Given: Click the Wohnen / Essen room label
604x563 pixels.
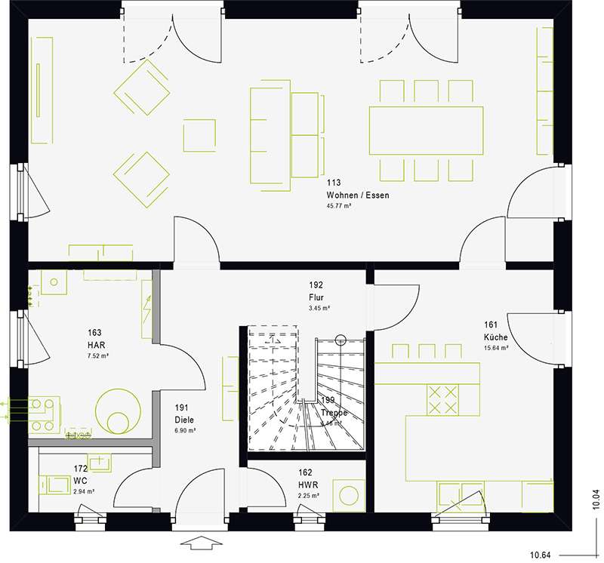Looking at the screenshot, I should click(357, 195).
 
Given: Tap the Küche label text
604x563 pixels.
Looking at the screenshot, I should click(496, 337).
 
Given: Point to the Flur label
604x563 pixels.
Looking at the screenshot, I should click(316, 297).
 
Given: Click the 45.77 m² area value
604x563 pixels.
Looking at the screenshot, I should click(339, 205).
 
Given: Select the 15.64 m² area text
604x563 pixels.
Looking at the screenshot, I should click(496, 348).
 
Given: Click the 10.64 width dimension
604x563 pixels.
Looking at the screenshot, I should click(539, 555).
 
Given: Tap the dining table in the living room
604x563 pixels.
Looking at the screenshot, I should click(426, 131).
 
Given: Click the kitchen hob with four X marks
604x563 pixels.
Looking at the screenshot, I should click(443, 398).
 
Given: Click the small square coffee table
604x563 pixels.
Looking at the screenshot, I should click(199, 136).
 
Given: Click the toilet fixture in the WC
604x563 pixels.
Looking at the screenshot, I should click(53, 483).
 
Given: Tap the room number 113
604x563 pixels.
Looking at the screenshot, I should click(333, 183).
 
